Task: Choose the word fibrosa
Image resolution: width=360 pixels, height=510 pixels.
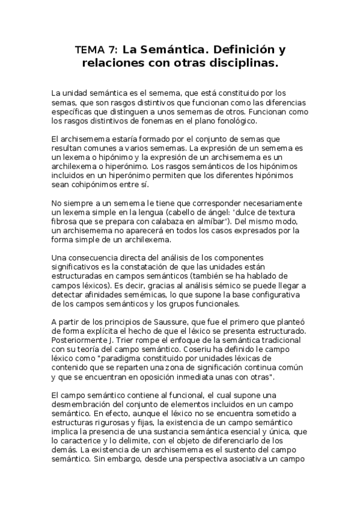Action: point(67,221)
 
